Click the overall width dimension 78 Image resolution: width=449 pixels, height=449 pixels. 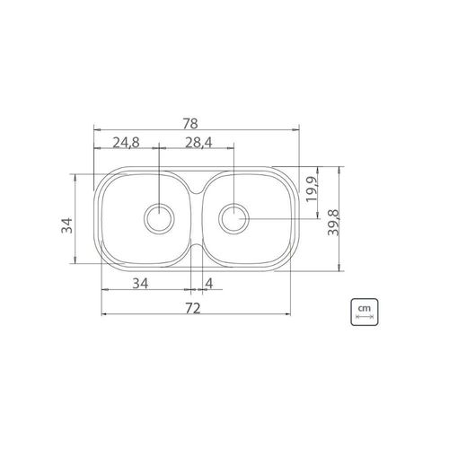click(190, 123)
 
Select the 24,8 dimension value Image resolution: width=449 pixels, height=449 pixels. click(126, 143)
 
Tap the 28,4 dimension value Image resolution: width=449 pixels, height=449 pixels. click(198, 143)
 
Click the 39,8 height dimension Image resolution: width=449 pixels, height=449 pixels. click(332, 223)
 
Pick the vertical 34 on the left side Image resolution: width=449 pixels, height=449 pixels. click(66, 225)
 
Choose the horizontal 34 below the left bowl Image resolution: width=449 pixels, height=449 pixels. click(140, 283)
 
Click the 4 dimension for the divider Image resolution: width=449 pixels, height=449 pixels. click(209, 283)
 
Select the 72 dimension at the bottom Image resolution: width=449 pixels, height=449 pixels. click(192, 308)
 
